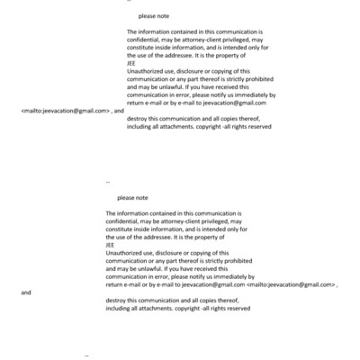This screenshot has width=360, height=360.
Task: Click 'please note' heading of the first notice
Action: coord(154,16)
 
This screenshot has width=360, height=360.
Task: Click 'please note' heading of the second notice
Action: coord(132,198)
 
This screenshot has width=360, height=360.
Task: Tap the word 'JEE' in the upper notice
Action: coord(131,63)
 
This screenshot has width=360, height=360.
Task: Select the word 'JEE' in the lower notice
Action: coord(110,245)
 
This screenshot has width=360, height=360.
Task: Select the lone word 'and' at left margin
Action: coord(26,292)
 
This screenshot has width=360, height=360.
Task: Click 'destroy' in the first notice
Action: coord(138,118)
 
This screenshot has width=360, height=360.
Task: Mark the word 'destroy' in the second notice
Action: coord(116,301)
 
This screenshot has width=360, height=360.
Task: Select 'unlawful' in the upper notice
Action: coord(162,86)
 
